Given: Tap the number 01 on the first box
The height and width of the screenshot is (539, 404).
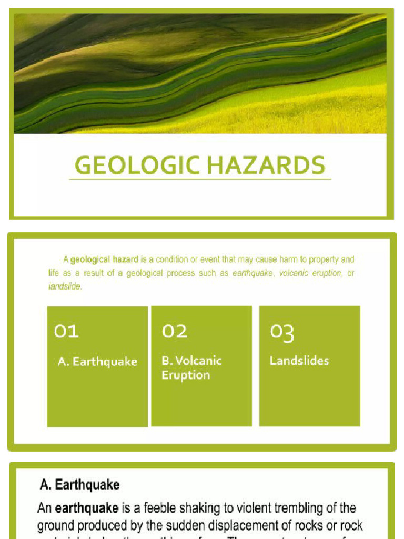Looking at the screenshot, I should click(66, 332).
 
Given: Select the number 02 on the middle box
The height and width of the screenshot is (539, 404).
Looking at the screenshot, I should click(175, 332).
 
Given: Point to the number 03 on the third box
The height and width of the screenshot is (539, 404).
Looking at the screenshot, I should click(282, 332).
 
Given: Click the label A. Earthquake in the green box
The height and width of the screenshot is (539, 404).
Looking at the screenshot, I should click(97, 362).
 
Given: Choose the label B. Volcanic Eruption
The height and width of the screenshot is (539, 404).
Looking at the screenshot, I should click(191, 368).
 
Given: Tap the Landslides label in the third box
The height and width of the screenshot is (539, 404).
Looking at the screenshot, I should click(299, 361).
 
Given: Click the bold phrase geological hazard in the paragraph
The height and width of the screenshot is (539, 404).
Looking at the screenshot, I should click(104, 259).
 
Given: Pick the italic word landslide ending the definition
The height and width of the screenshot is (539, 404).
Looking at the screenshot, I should click(65, 287).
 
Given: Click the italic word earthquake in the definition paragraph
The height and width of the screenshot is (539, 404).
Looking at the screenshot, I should click(252, 273).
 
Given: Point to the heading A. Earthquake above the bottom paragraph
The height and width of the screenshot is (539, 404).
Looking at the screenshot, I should click(79, 484).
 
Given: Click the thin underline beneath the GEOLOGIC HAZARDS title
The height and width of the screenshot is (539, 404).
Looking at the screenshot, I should click(200, 180).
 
